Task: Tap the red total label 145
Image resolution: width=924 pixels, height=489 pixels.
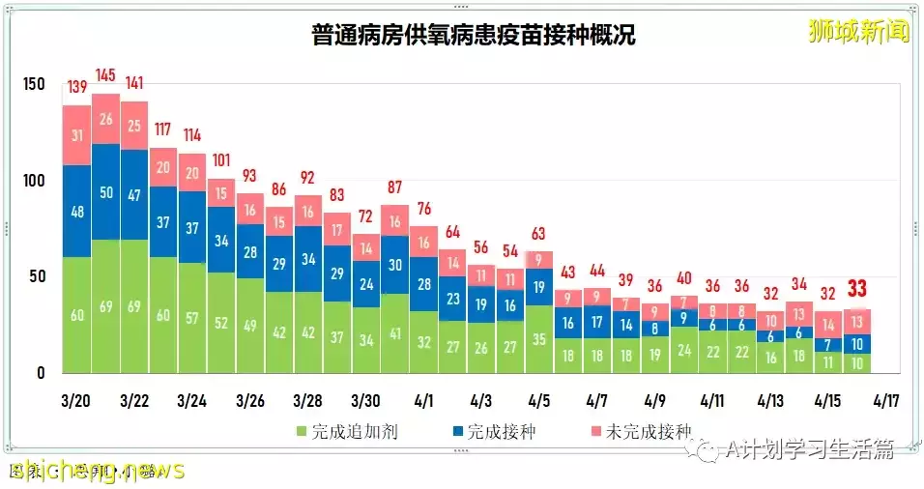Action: (x=105, y=75)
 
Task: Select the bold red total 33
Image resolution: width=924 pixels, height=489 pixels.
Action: (x=856, y=289)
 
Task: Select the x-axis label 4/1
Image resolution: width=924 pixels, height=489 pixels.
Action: (x=423, y=399)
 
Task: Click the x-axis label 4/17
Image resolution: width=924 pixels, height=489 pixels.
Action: (x=885, y=399)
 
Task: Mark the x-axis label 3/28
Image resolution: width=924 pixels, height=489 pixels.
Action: (x=307, y=399)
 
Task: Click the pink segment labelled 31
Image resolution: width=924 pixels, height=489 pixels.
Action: (x=76, y=135)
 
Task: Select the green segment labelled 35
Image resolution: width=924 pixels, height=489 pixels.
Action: (x=539, y=339)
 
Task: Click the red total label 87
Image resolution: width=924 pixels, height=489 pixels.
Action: (x=394, y=187)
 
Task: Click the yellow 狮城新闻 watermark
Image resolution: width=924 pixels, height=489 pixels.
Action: (x=858, y=32)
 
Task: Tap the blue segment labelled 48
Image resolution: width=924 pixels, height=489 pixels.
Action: (x=76, y=212)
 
